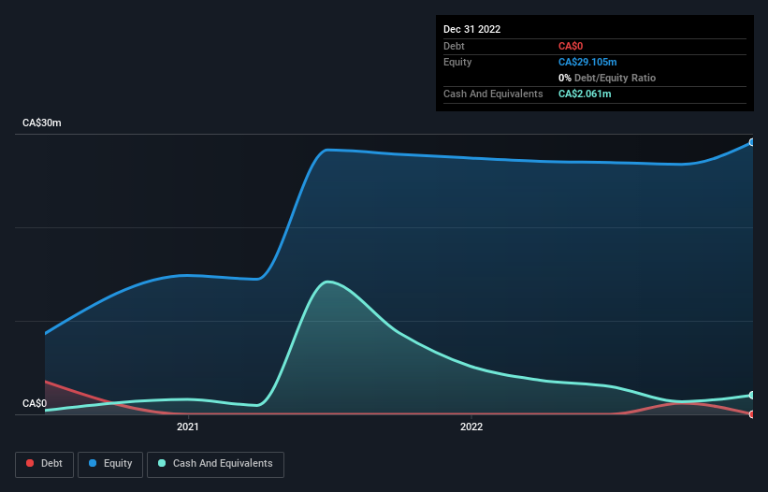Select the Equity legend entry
(110, 464)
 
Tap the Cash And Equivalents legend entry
(215, 464)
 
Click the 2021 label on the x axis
(188, 427)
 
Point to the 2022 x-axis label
(471, 427)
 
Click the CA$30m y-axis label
(42, 123)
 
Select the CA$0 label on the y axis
(35, 404)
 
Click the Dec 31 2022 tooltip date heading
(472, 29)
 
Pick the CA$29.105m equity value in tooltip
(587, 62)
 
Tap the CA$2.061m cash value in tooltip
(585, 94)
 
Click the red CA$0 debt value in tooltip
(572, 46)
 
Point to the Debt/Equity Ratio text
(613, 78)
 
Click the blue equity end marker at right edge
(751, 142)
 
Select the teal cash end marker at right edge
(751, 395)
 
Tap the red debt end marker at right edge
(751, 413)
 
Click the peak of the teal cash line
(326, 282)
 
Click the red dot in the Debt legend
(31, 464)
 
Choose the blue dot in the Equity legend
(94, 464)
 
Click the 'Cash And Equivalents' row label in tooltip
(493, 94)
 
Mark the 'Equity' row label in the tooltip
(458, 62)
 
